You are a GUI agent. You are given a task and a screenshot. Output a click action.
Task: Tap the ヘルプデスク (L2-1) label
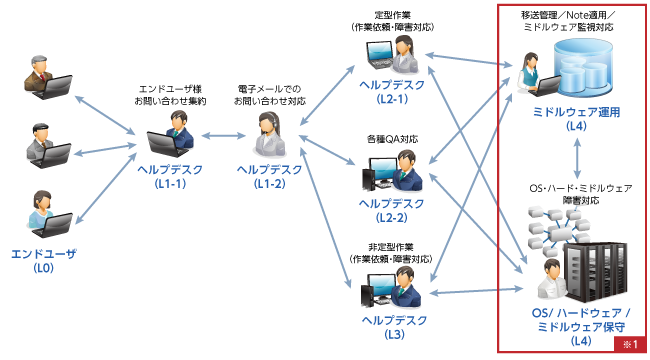pos(398,91)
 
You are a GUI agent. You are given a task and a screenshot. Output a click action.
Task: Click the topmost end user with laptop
pos(45,80)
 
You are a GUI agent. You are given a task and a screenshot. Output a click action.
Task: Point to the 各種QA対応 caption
pos(398,139)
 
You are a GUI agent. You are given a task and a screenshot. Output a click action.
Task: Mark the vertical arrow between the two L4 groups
pos(576,159)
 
